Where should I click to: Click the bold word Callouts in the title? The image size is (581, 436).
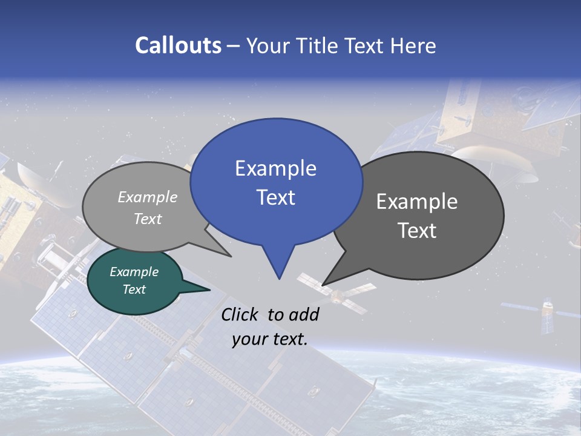click(x=178, y=45)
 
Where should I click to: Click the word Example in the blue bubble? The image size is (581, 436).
click(x=275, y=168)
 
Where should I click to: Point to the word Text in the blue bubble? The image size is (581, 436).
click(x=275, y=197)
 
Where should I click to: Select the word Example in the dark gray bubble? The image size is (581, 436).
click(x=417, y=202)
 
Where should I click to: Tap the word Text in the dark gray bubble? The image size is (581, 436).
click(x=417, y=231)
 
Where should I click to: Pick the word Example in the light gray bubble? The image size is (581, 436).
click(x=148, y=197)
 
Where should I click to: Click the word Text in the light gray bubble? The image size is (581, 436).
click(x=148, y=219)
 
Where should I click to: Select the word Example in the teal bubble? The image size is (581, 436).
click(x=134, y=272)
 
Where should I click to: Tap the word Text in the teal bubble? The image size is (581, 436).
click(x=134, y=289)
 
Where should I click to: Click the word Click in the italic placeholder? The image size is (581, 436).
click(x=241, y=314)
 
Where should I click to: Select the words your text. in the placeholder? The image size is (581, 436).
click(x=270, y=339)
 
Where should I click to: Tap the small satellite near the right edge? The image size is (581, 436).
click(x=547, y=312)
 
